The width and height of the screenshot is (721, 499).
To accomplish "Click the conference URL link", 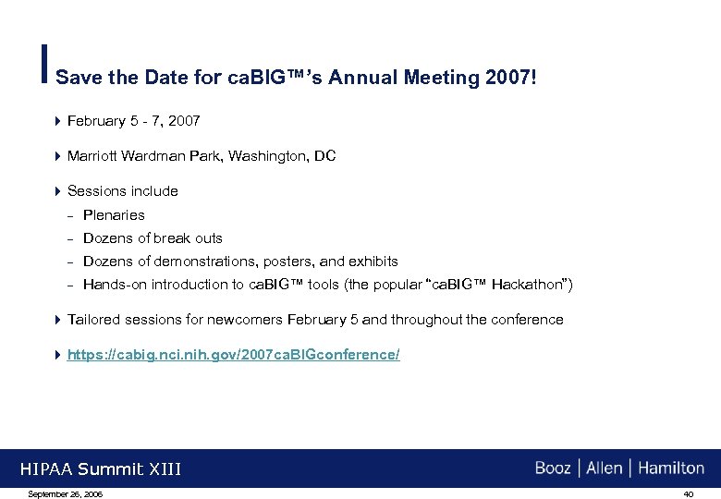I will pyautogui.click(x=234, y=355).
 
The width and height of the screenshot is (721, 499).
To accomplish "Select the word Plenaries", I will pyautogui.click(x=114, y=215).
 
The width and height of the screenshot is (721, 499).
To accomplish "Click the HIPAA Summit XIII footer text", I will pyautogui.click(x=101, y=469).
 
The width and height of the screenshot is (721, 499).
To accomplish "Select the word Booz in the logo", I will pyautogui.click(x=553, y=469).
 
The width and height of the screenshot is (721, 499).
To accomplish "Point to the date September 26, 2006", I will pyautogui.click(x=66, y=494).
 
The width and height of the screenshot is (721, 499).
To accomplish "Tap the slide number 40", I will pyautogui.click(x=688, y=494).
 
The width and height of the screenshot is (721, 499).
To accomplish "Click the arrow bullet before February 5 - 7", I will pyautogui.click(x=58, y=121).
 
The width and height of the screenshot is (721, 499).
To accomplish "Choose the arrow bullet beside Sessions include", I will pyautogui.click(x=58, y=191).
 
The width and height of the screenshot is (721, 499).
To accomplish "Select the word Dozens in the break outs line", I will pyautogui.click(x=106, y=238).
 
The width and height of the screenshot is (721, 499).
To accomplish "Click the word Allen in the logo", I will pyautogui.click(x=605, y=469).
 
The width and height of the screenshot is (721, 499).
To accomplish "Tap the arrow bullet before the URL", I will pyautogui.click(x=58, y=355).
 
